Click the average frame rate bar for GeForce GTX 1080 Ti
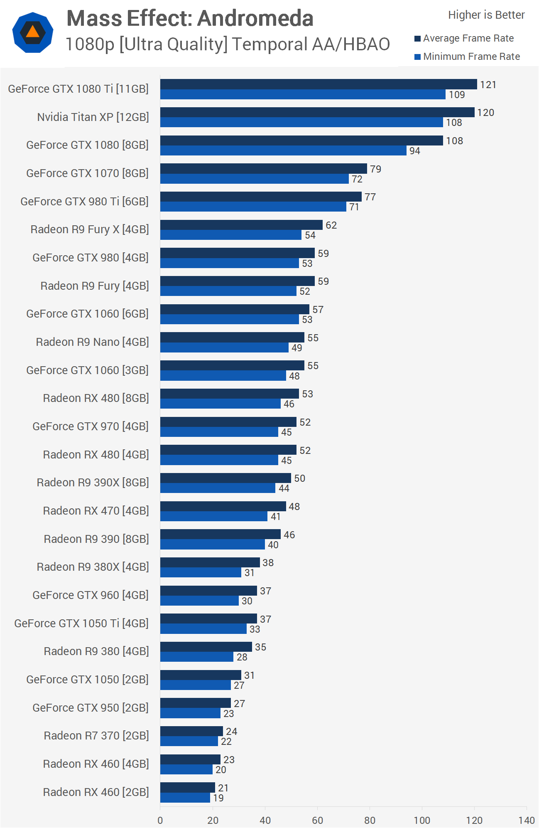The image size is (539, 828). pos(318,84)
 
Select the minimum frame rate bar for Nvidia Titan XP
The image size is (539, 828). pos(301,122)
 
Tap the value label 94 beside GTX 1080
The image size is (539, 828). pos(414,151)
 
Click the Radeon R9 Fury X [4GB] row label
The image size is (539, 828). pos(89,229)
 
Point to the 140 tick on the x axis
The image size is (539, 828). pos(526,820)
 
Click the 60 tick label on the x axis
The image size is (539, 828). pos(317,820)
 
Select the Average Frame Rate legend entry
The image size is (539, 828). pos(468,39)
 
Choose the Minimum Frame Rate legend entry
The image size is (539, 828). pos(471,57)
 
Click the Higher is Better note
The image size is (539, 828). pos(486,15)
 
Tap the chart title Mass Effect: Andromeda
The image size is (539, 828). pos(190,18)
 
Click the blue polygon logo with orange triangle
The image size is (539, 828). pos(33,32)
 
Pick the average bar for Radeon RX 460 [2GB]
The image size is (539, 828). pos(188,788)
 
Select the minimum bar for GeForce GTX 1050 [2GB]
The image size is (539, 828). pos(196,685)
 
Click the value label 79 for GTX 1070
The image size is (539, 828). pos(375,169)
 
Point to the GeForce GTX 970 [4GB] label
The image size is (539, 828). pos(90,426)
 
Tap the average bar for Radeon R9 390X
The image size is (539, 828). pos(225,478)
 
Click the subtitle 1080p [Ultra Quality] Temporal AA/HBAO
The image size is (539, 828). pos(228,44)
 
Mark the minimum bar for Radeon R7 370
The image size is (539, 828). pos(189,741)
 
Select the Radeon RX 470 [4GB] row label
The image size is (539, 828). pos(96,511)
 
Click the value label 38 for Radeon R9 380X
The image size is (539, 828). pos(268,563)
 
